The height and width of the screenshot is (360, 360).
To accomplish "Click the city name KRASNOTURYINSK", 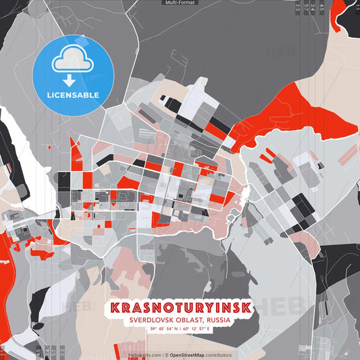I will pos(180,307).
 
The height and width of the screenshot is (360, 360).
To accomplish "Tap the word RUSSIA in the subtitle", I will pos(217,319).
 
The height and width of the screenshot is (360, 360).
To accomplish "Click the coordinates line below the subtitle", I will pos(180,329).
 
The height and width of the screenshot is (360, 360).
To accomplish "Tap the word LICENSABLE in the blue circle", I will pos(72,95).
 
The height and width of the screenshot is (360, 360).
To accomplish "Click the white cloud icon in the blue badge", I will pos(72,62).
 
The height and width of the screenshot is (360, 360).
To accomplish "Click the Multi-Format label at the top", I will pos(180,3).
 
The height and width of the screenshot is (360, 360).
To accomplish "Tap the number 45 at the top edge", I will pos(322,8).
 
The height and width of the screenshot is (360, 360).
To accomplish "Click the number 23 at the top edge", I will pos(298,8).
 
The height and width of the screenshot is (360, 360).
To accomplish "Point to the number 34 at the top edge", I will pos(313,8).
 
